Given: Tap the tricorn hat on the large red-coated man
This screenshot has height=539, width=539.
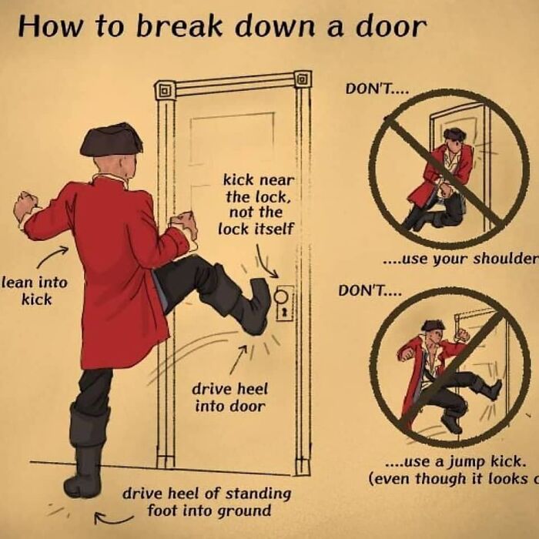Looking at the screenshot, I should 112,140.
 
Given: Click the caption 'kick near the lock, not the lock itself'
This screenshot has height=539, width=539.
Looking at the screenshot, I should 253,203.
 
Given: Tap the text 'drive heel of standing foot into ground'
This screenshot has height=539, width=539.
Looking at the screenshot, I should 207,500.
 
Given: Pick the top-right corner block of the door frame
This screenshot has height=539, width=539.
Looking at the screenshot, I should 303,79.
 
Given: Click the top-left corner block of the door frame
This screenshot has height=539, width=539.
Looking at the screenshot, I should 164,90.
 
